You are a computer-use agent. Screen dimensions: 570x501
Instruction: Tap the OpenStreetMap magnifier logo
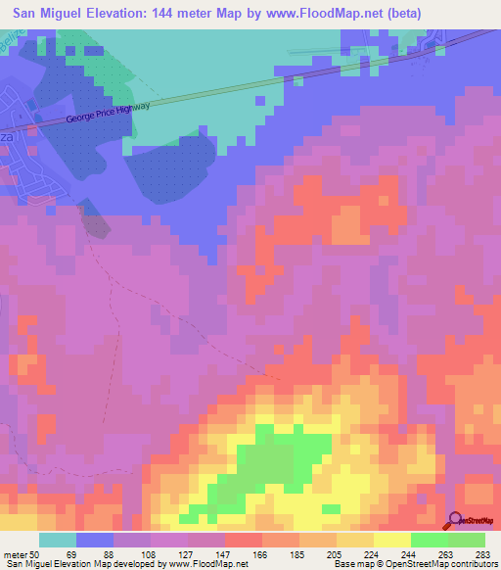tap(456, 520)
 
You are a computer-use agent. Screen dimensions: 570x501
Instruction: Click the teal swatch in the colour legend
tap(58, 541)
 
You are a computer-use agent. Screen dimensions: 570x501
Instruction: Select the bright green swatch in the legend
tap(429, 541)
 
